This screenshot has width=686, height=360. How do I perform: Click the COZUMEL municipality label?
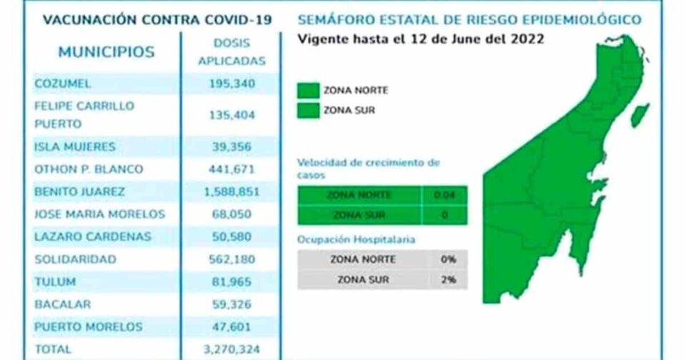click(63, 84)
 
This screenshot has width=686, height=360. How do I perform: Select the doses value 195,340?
click(231, 84)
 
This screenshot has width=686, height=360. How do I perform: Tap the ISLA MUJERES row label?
click(75, 146)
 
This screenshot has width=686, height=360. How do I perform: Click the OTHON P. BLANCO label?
click(89, 169)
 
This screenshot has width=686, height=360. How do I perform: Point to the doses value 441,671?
click(231, 169)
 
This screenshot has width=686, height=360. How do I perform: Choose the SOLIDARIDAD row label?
click(75, 259)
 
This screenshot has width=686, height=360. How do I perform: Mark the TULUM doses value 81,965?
click(231, 282)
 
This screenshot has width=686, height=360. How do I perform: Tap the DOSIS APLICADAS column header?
click(231, 52)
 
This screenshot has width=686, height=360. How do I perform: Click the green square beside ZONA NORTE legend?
click(308, 91)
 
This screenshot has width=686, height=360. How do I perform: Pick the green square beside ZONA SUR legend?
click(308, 111)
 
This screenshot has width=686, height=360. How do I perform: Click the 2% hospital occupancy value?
click(449, 279)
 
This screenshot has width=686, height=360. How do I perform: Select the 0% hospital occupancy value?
click(449, 259)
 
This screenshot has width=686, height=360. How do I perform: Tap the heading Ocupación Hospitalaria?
click(357, 240)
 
